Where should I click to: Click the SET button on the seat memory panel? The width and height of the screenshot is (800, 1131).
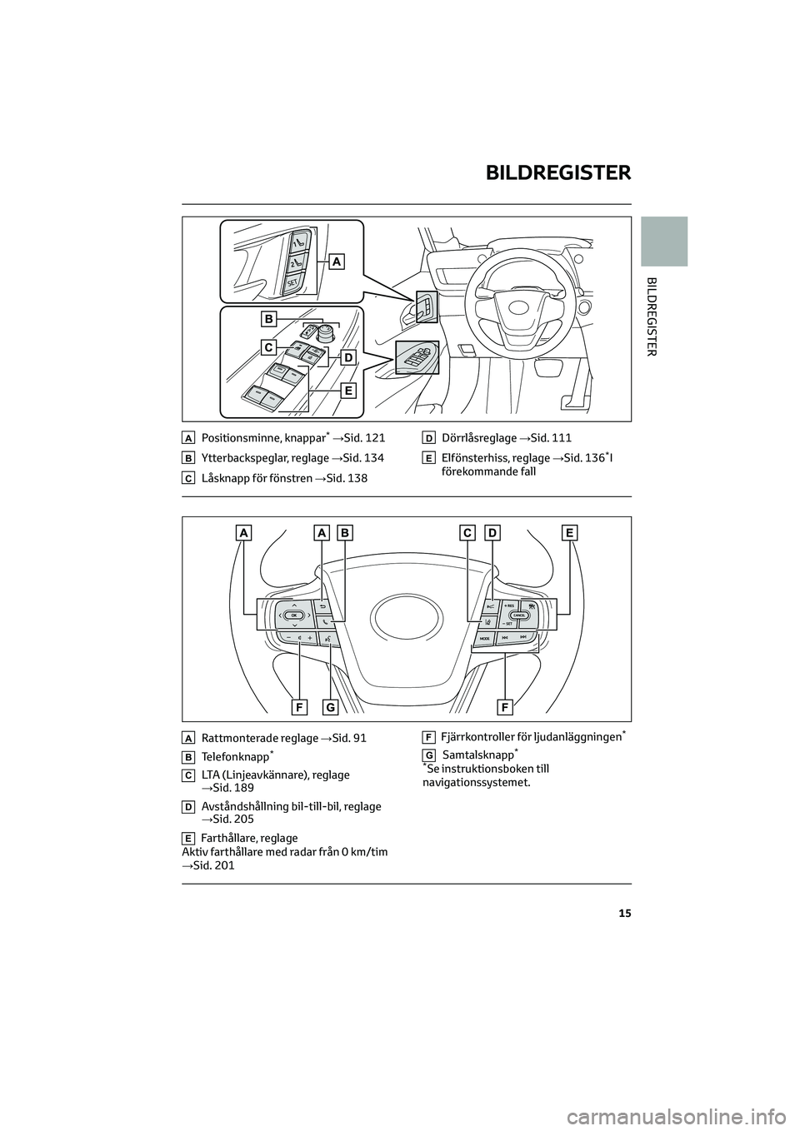point(292,283)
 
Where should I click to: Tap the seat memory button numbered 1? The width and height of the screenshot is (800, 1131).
point(297,242)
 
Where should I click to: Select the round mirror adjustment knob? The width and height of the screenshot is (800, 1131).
point(322,336)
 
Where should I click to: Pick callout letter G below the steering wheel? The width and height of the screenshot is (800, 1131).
point(330,707)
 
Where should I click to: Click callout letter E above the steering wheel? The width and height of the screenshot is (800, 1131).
point(570,532)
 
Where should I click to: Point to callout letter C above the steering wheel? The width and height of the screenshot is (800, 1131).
point(468,532)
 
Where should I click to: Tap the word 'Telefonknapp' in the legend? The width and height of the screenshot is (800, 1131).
point(235,756)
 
